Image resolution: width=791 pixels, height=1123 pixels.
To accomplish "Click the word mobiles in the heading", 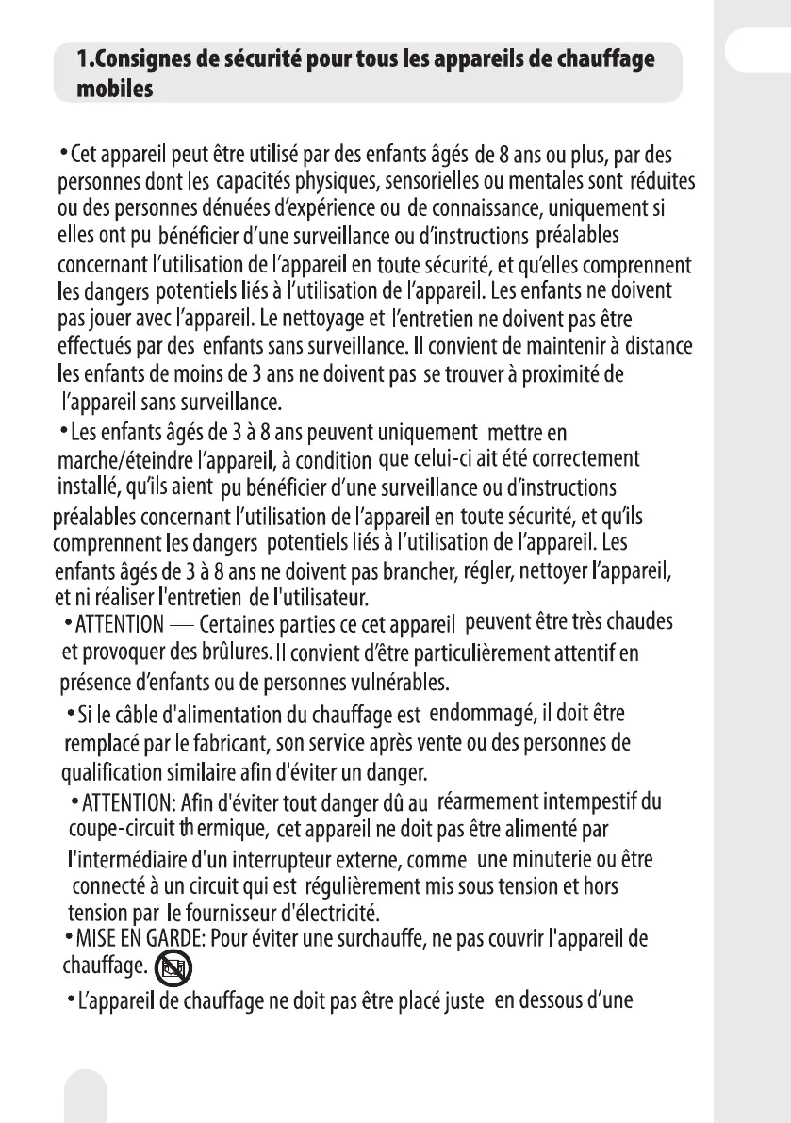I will point(115,88).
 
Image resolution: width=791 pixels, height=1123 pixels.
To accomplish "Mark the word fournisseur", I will point(219,913).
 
